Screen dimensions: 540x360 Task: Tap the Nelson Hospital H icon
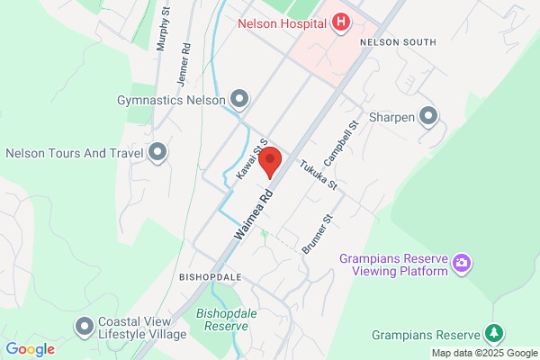pyautogui.click(x=340, y=22)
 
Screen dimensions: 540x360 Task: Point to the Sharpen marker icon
pyautogui.click(x=428, y=115)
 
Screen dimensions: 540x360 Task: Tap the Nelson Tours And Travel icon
pyautogui.click(x=158, y=152)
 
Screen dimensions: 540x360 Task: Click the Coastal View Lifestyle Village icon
pyautogui.click(x=85, y=326)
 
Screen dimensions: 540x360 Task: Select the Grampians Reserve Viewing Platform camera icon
pyautogui.click(x=461, y=264)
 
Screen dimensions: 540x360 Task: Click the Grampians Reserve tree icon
pyautogui.click(x=493, y=335)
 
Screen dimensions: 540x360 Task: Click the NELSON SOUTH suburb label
pyautogui.click(x=397, y=42)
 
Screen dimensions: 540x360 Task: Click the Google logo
pyautogui.click(x=30, y=349)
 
